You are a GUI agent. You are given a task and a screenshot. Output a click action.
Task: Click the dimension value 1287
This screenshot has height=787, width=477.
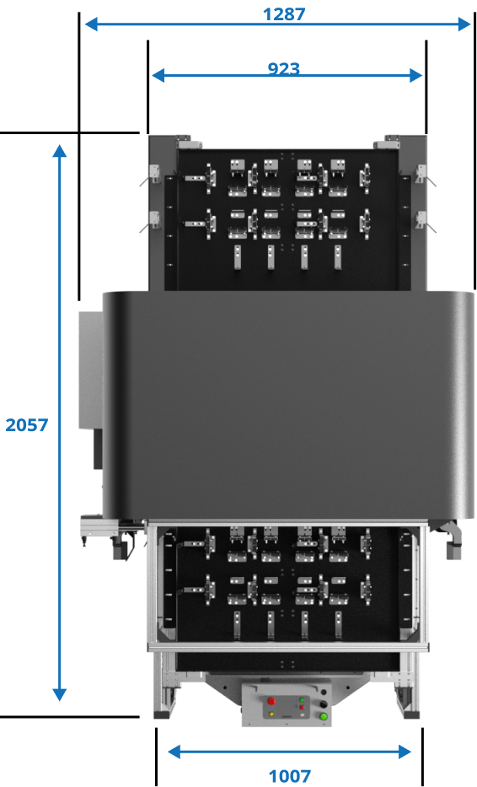(283, 13)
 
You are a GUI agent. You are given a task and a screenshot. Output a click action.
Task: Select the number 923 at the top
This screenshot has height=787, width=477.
(283, 68)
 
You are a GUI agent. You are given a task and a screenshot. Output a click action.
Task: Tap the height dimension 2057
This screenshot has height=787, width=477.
(27, 425)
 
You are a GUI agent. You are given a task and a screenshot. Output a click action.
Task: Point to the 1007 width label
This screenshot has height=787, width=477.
(289, 775)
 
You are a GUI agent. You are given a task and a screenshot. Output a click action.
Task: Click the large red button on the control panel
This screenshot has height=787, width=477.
(271, 701)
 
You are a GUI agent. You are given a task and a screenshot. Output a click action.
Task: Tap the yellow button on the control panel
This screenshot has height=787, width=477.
(271, 715)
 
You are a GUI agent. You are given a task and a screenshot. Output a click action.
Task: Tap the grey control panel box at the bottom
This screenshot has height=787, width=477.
(288, 704)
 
